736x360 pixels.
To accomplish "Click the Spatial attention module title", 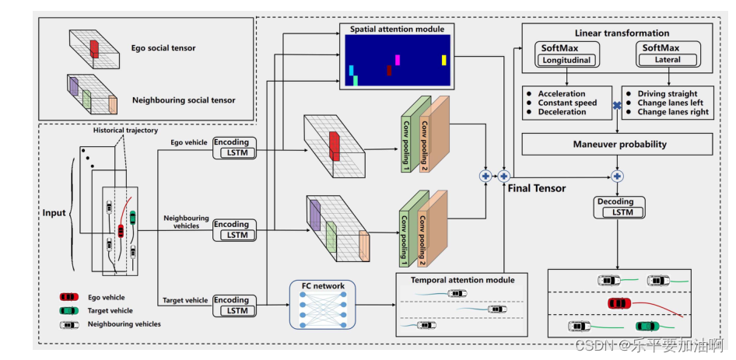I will point(397,29).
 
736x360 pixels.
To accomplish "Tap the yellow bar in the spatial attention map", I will point(444,60).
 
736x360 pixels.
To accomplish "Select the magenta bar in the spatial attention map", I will point(398,60).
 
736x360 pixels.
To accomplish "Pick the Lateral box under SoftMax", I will point(668,60).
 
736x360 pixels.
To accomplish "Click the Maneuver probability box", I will point(616,145).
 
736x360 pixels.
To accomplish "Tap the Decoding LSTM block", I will point(615,207).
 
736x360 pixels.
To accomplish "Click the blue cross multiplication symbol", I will point(616,105).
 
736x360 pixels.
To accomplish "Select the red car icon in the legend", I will point(69,297).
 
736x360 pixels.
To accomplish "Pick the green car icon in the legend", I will point(69,310).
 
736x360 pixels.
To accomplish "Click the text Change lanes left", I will point(674,103).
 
